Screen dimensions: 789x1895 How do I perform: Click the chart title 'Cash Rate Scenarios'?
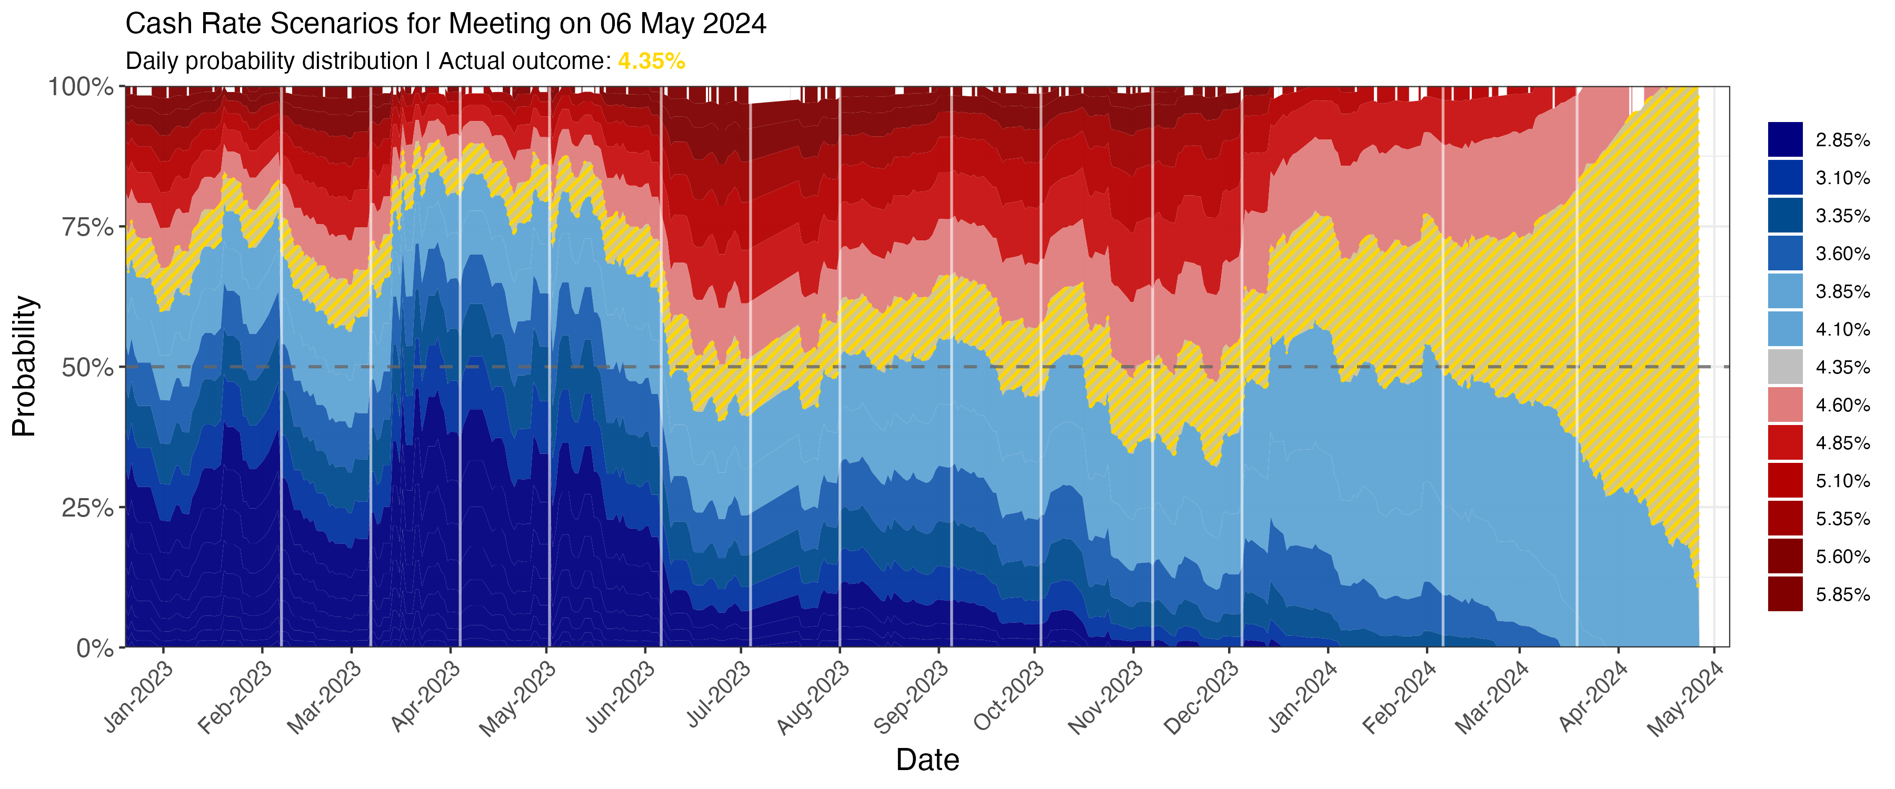point(446,24)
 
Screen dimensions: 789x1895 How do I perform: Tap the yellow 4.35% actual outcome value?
point(651,61)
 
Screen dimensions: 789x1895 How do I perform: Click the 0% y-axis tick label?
point(96,648)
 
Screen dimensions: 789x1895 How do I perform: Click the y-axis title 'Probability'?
point(24,366)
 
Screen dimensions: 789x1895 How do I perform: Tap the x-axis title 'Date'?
point(927,760)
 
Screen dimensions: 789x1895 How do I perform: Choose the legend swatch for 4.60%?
point(1786,405)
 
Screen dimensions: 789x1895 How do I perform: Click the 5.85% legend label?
point(1842,594)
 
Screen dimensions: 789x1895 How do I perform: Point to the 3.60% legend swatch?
point(1786,254)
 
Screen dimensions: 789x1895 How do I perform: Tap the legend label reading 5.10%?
point(1842,481)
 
